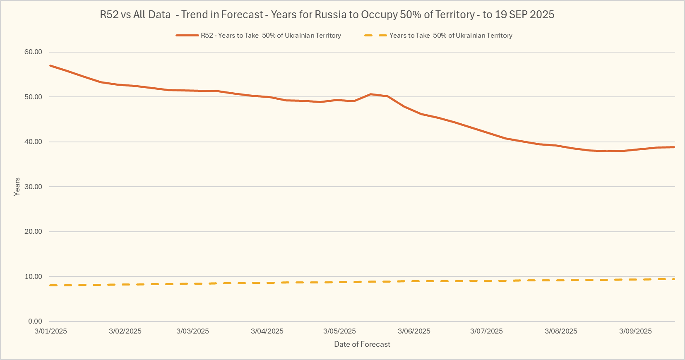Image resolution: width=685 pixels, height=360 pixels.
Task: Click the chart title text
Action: click(x=327, y=14)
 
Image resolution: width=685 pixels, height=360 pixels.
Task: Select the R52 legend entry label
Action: click(x=271, y=36)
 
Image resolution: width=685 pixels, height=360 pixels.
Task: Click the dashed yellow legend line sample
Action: click(x=375, y=36)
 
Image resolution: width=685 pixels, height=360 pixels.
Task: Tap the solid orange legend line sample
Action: click(x=187, y=36)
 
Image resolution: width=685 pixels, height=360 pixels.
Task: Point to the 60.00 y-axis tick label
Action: click(x=33, y=52)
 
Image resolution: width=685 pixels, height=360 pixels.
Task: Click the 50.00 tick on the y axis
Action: click(x=33, y=97)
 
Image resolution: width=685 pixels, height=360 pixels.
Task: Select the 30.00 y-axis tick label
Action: click(x=33, y=187)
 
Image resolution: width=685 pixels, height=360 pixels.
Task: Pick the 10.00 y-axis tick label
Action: click(x=33, y=276)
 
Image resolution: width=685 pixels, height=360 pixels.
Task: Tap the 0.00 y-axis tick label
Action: click(x=35, y=322)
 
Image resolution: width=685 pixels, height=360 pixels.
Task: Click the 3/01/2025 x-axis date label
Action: click(x=50, y=331)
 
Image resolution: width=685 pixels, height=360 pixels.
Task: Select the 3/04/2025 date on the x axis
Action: click(x=267, y=331)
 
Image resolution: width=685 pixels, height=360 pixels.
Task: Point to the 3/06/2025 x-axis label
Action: click(x=414, y=331)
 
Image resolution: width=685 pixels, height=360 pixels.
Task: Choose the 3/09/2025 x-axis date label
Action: click(x=635, y=331)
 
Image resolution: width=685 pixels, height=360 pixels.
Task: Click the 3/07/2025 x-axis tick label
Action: click(x=486, y=331)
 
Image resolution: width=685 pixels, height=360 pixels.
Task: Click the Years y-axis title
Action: click(x=17, y=187)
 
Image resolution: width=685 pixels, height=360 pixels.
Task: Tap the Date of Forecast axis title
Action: click(x=362, y=344)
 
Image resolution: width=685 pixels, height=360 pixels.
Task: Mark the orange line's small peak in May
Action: click(x=370, y=94)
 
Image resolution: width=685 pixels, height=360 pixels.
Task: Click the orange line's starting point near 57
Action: click(x=50, y=65)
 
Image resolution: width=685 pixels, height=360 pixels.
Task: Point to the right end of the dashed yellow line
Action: click(x=674, y=279)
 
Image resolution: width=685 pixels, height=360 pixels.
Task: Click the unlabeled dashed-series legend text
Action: click(x=451, y=36)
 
